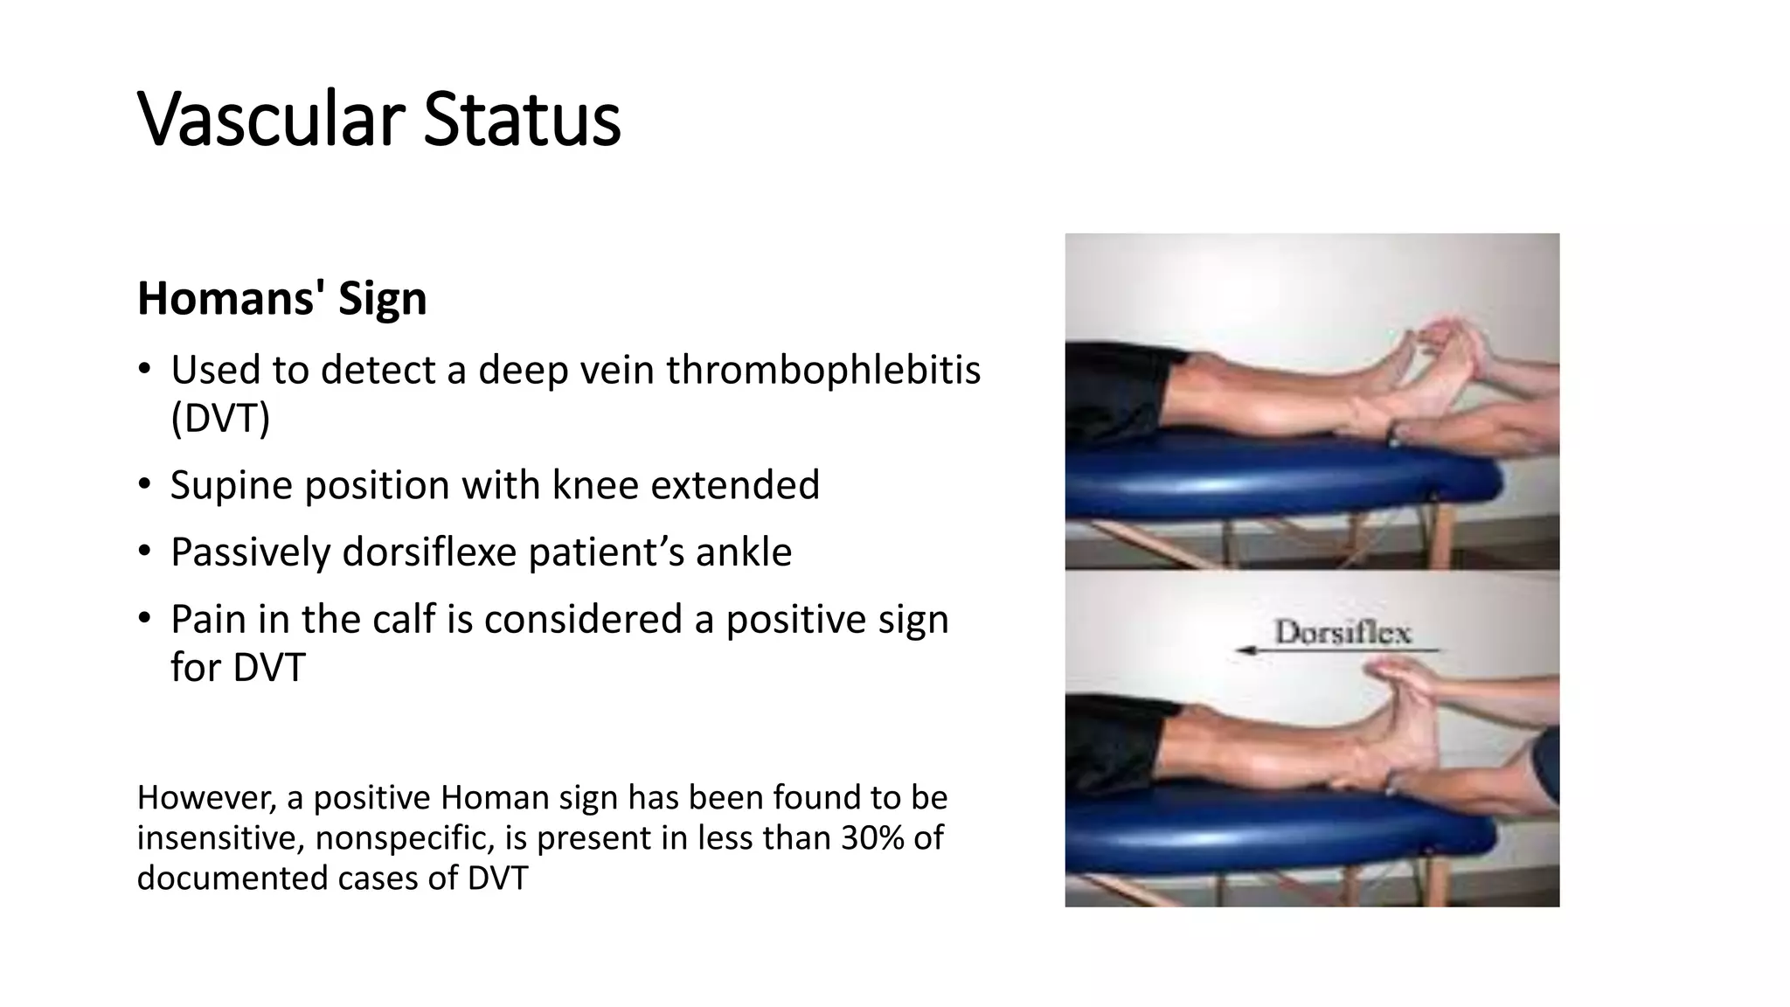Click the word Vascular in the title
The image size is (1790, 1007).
tap(271, 120)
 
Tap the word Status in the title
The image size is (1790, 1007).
tap(522, 120)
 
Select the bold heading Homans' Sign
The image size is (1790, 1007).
tap(281, 299)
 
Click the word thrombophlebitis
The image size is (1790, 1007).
tap(822, 371)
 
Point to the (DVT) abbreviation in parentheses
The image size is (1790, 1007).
tap(220, 419)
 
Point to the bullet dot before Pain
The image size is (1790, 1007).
tap(145, 618)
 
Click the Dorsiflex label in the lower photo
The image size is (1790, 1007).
tap(1342, 632)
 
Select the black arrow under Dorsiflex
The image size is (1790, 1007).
tap(1337, 651)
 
